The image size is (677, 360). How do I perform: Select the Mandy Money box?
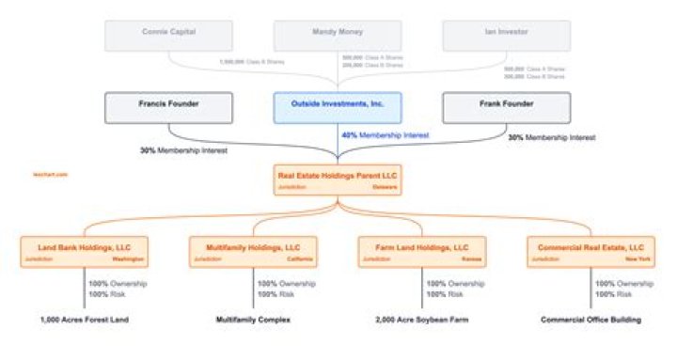tap(338, 35)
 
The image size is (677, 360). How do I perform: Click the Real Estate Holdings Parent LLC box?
tap(338, 180)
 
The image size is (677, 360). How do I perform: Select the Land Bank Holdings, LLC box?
tap(85, 252)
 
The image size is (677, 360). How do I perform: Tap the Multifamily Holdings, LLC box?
tap(253, 252)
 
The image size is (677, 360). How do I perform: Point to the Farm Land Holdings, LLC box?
tap(422, 252)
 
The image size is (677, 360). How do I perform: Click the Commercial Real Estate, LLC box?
tap(591, 252)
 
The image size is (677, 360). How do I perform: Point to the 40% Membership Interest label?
tap(386, 136)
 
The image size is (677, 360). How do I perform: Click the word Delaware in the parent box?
tap(386, 187)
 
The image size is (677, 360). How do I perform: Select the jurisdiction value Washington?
tap(128, 259)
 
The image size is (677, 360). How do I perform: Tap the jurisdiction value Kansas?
tap(472, 259)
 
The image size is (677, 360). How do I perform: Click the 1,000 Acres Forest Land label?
tap(84, 320)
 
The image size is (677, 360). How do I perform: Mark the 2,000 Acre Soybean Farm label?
tap(422, 320)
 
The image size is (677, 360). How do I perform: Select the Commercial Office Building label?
tap(590, 320)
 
